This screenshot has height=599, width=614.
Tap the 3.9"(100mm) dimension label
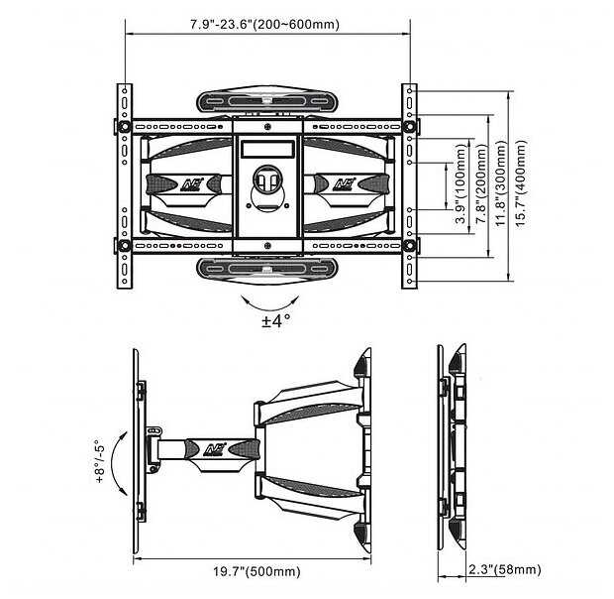(x=461, y=185)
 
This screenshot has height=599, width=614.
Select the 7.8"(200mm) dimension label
(x=482, y=184)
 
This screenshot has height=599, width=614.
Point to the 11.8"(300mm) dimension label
(x=503, y=184)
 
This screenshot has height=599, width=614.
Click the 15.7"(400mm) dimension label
(x=522, y=184)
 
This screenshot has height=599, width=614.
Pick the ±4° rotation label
(x=275, y=320)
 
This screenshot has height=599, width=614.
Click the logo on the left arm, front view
(x=187, y=183)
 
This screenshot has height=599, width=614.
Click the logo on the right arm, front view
(x=346, y=183)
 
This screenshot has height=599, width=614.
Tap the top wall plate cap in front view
(x=267, y=103)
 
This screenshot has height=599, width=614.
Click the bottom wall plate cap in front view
(x=267, y=268)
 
